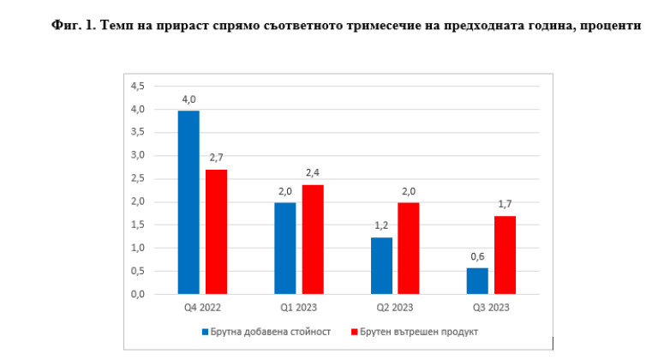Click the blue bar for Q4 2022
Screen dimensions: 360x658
coord(188,202)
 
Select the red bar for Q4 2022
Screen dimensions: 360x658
coord(216,231)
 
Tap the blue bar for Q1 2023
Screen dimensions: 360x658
coord(285,249)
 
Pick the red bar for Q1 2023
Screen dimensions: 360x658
coord(313,239)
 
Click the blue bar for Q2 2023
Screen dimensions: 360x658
coord(381,266)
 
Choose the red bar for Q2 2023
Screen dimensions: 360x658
coord(409,249)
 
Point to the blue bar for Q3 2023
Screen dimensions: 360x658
coord(477,281)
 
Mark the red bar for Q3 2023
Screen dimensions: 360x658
coord(505,255)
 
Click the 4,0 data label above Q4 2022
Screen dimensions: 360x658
coord(189,99)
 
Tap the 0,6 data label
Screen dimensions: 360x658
coord(477,256)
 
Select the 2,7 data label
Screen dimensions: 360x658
coord(217,159)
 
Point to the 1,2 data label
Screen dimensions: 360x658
coord(381,226)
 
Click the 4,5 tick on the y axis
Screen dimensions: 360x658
coord(137,87)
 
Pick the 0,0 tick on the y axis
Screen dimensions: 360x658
coord(137,295)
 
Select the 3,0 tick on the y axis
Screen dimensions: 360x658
coord(137,156)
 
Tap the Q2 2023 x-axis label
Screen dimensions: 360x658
coord(395,308)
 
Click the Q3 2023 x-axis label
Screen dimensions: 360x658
coord(491,308)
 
